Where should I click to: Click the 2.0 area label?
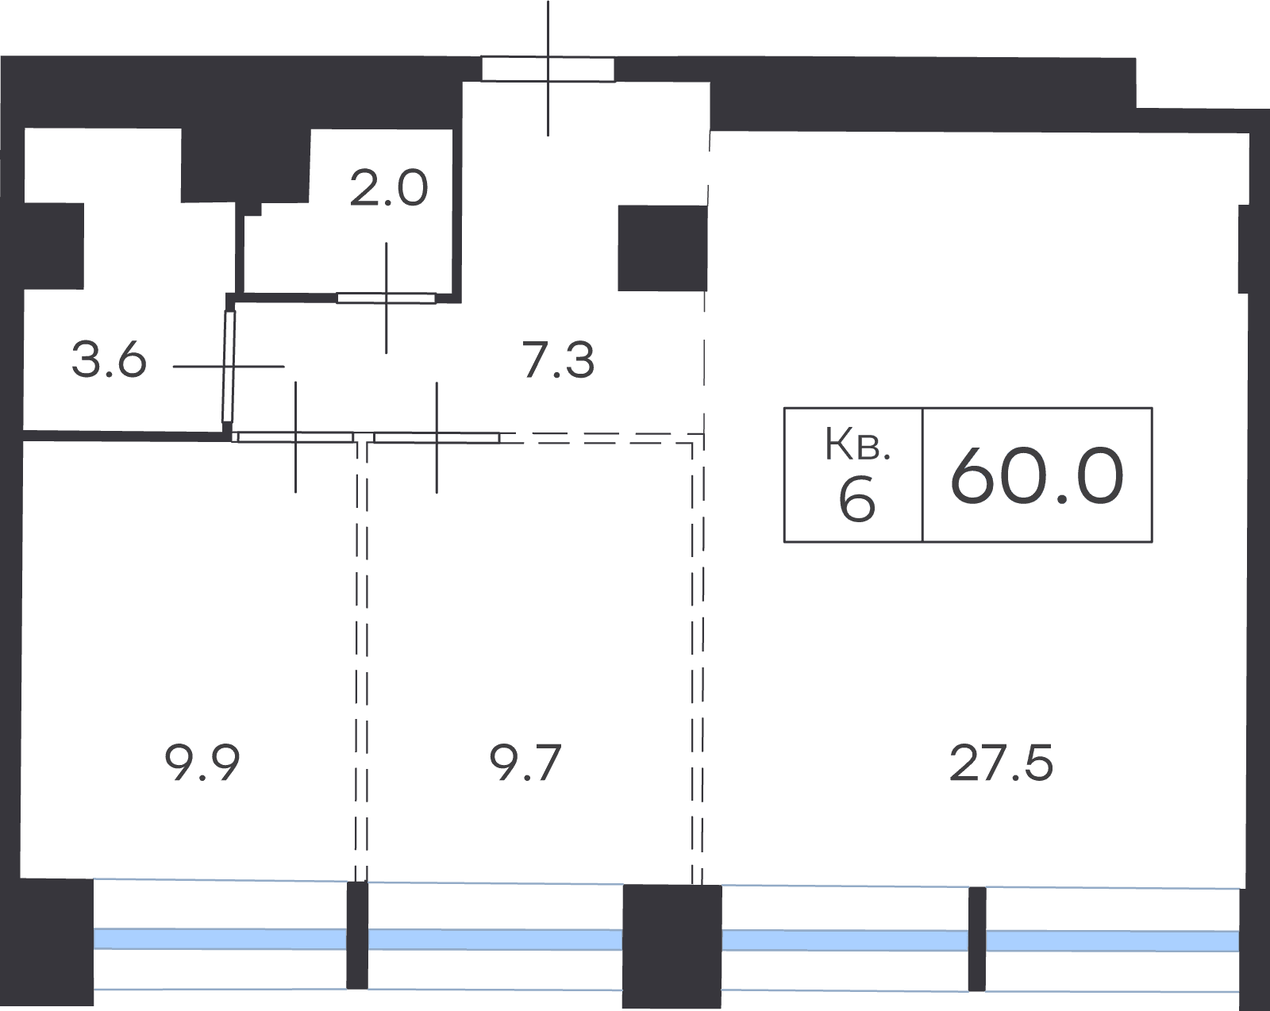(388, 188)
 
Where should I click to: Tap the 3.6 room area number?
(109, 360)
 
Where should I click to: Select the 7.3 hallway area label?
(558, 360)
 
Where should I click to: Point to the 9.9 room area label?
(202, 763)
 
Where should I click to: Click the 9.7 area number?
(525, 763)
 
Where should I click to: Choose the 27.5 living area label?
(1001, 763)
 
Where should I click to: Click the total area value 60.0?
(1037, 475)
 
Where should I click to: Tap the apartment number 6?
(856, 498)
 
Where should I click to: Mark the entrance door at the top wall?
(548, 68)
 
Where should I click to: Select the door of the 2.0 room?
(386, 298)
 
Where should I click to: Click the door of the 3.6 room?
(229, 367)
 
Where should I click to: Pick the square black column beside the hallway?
(662, 248)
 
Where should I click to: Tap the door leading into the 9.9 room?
(295, 437)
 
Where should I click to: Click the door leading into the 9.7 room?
(437, 437)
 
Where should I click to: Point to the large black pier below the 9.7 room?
(672, 946)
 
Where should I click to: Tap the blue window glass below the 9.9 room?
(220, 939)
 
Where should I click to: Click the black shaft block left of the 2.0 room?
(245, 167)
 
